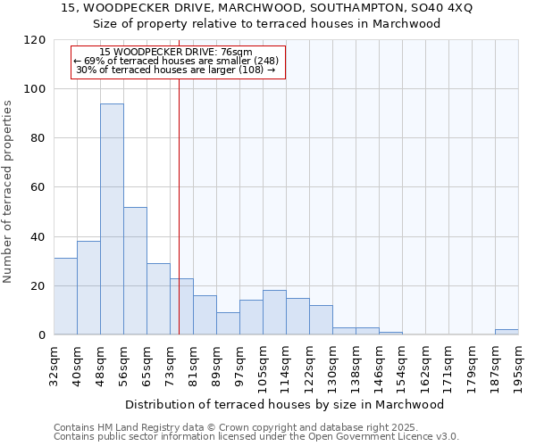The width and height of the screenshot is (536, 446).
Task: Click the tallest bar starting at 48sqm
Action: tap(112, 219)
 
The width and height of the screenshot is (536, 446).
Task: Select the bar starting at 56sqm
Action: tap(135, 271)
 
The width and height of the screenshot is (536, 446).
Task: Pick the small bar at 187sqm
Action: tap(507, 332)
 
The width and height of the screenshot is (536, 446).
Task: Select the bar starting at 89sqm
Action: tap(228, 324)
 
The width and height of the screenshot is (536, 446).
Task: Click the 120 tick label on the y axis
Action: tap(36, 40)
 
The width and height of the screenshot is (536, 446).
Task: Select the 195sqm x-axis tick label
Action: tap(518, 366)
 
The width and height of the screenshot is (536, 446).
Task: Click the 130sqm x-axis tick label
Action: tap(332, 366)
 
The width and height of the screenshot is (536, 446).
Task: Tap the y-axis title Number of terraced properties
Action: tap(9, 192)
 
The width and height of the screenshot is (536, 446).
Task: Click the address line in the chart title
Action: tap(267, 8)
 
